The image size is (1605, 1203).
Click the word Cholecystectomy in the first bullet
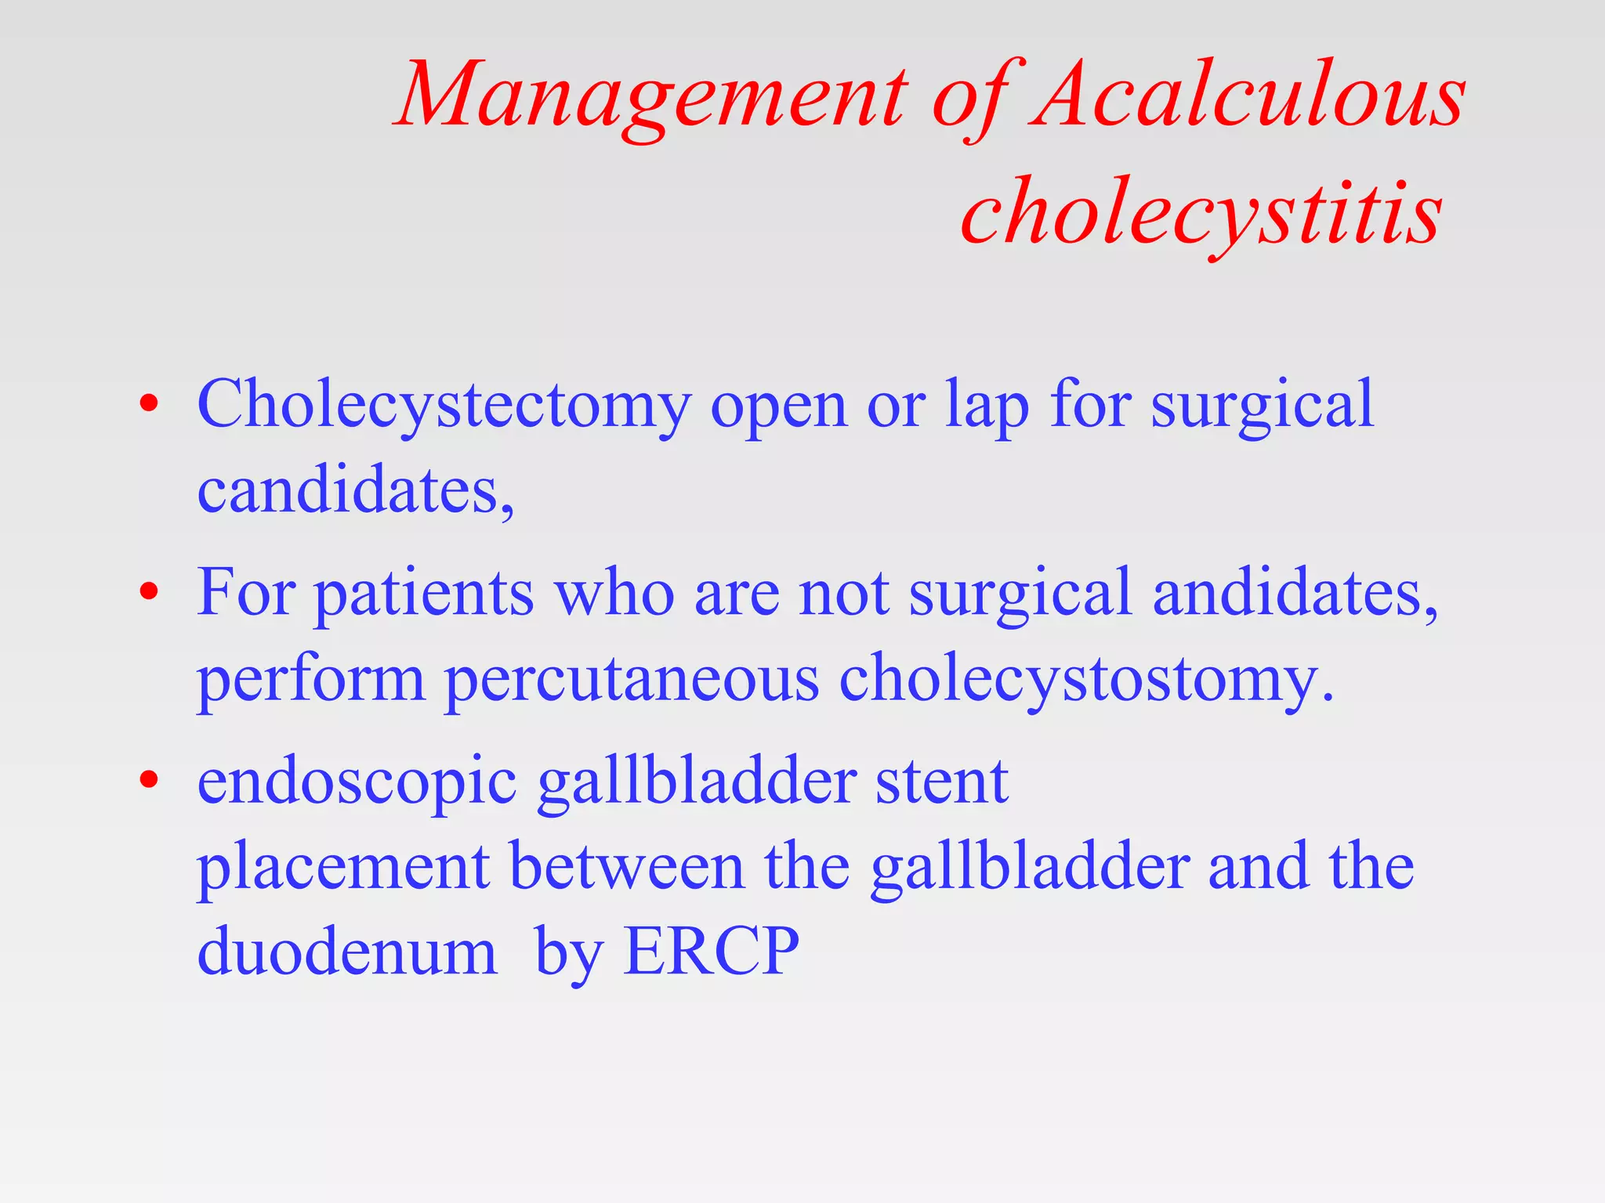[x=444, y=406]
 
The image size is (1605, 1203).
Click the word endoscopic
[x=357, y=784]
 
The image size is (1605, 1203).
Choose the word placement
[x=343, y=869]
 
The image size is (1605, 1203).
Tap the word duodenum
[x=347, y=951]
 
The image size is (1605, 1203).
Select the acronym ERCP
[x=711, y=951]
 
